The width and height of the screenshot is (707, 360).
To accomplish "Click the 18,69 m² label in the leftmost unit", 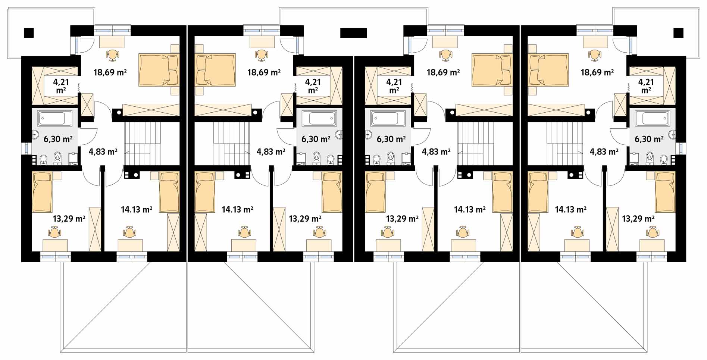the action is (x=110, y=72).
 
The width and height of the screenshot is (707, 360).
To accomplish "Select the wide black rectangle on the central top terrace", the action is (x=353, y=33).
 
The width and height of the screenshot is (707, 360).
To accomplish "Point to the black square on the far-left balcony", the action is (x=29, y=33).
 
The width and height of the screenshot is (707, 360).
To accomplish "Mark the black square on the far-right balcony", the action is (x=678, y=33).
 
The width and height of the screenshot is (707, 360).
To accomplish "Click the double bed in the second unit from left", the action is (x=215, y=70).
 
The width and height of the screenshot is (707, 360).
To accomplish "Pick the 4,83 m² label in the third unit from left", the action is (x=436, y=151).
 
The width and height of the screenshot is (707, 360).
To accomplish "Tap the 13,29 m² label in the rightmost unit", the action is (x=638, y=219).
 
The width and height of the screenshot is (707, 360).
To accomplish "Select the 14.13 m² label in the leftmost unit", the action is (x=137, y=210).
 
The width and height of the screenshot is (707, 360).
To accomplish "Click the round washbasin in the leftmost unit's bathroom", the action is (x=35, y=134).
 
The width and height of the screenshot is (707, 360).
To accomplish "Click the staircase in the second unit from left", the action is (x=231, y=143).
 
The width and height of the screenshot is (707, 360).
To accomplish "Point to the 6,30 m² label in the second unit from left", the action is (x=316, y=139).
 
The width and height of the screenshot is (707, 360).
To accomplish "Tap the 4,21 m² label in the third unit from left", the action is (x=394, y=86).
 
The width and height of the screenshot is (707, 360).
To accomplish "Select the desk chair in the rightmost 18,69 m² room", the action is (x=595, y=55).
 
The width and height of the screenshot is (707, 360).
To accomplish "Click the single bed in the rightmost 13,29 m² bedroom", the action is (x=665, y=192).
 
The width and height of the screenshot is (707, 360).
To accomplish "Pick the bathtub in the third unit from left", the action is (x=388, y=119).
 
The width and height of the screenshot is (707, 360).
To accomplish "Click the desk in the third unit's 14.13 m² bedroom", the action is (x=463, y=245).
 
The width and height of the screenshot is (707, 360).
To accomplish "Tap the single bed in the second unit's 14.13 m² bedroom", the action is (x=205, y=192).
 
